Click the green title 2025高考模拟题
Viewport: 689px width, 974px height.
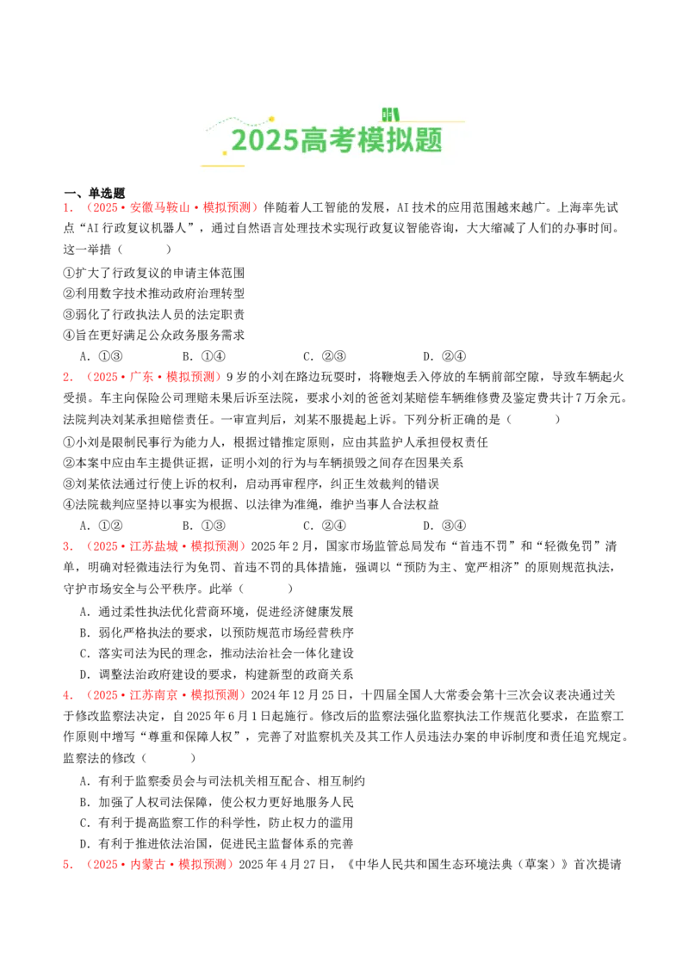click(x=337, y=140)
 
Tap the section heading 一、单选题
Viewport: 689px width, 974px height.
click(x=94, y=194)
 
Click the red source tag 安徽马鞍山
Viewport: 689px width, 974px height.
click(x=159, y=207)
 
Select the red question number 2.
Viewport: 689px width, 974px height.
click(x=67, y=377)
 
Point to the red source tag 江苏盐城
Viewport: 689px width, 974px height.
click(x=153, y=546)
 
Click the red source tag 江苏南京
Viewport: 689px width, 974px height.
click(x=153, y=695)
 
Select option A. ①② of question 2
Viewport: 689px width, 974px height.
click(x=102, y=526)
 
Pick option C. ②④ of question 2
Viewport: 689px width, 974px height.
click(x=324, y=526)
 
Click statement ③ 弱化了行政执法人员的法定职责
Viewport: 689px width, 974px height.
click(x=153, y=314)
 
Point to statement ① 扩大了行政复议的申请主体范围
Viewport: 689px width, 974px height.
click(x=153, y=273)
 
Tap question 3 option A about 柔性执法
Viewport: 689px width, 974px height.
click(x=216, y=612)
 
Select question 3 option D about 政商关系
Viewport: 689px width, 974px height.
click(x=216, y=675)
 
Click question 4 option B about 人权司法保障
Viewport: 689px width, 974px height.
click(x=216, y=802)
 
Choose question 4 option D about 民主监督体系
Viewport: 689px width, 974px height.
click(x=216, y=843)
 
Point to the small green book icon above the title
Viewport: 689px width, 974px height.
click(x=390, y=114)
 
